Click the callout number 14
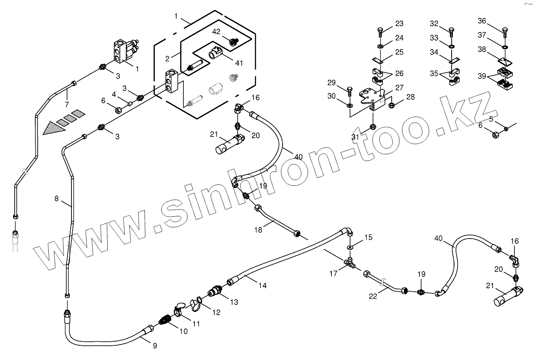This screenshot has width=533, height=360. coord(262,285)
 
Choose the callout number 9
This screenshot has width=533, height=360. coord(155,346)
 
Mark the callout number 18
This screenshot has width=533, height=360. coord(258,230)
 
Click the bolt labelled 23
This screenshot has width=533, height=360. coord(380,31)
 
